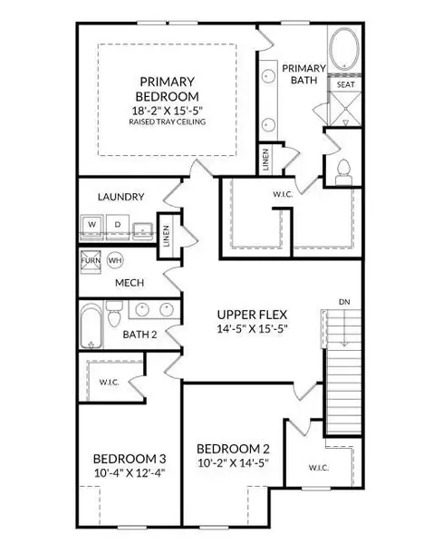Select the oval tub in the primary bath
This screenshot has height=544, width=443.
tap(342, 49)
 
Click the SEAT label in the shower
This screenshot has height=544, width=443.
tap(345, 85)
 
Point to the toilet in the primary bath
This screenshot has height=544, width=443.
tap(342, 170)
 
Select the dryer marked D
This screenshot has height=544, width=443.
tap(117, 224)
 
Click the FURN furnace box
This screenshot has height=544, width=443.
tap(91, 259)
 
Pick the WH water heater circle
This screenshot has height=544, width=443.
tap(114, 259)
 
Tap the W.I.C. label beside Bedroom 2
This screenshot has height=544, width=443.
tap(318, 468)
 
